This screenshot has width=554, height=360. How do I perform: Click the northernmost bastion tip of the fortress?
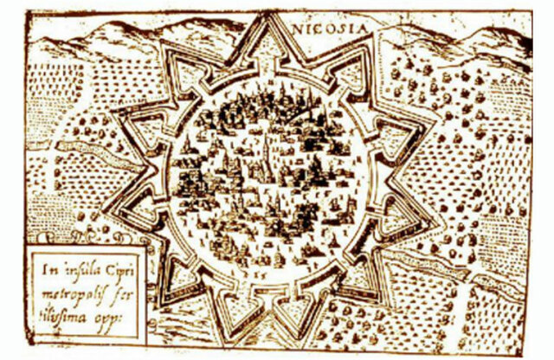267,22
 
